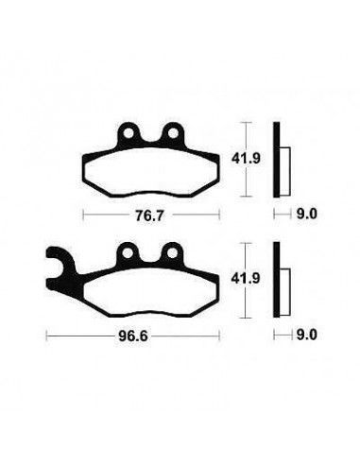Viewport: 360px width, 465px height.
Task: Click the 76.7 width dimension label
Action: pos(149,215)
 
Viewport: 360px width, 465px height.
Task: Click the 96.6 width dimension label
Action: pos(133,336)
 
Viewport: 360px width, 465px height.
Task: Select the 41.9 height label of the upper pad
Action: pos(246,158)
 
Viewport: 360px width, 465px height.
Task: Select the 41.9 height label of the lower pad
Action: pos(246,279)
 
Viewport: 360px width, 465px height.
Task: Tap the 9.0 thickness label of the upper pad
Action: pos(307,215)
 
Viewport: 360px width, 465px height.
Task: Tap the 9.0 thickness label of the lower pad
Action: pos(307,335)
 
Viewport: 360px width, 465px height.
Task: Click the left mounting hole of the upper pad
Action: pos(129,133)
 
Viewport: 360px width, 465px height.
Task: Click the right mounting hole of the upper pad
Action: pos(173,133)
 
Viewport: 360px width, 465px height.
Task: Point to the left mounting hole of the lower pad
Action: pos(128,253)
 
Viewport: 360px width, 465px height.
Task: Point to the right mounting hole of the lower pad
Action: pos(172,253)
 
